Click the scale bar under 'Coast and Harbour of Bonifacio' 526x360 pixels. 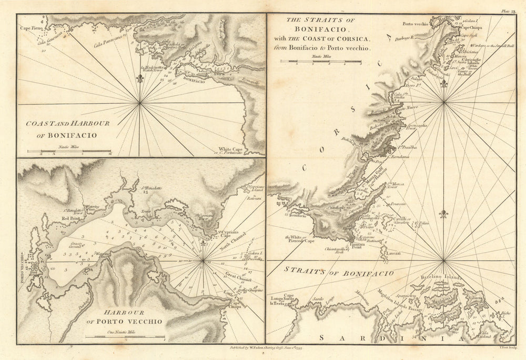point(68,152)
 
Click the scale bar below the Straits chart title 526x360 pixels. point(320,62)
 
